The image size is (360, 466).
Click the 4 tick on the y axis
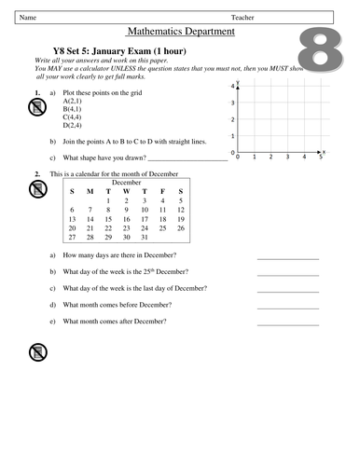[232, 86]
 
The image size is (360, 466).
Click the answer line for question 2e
[288, 323]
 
